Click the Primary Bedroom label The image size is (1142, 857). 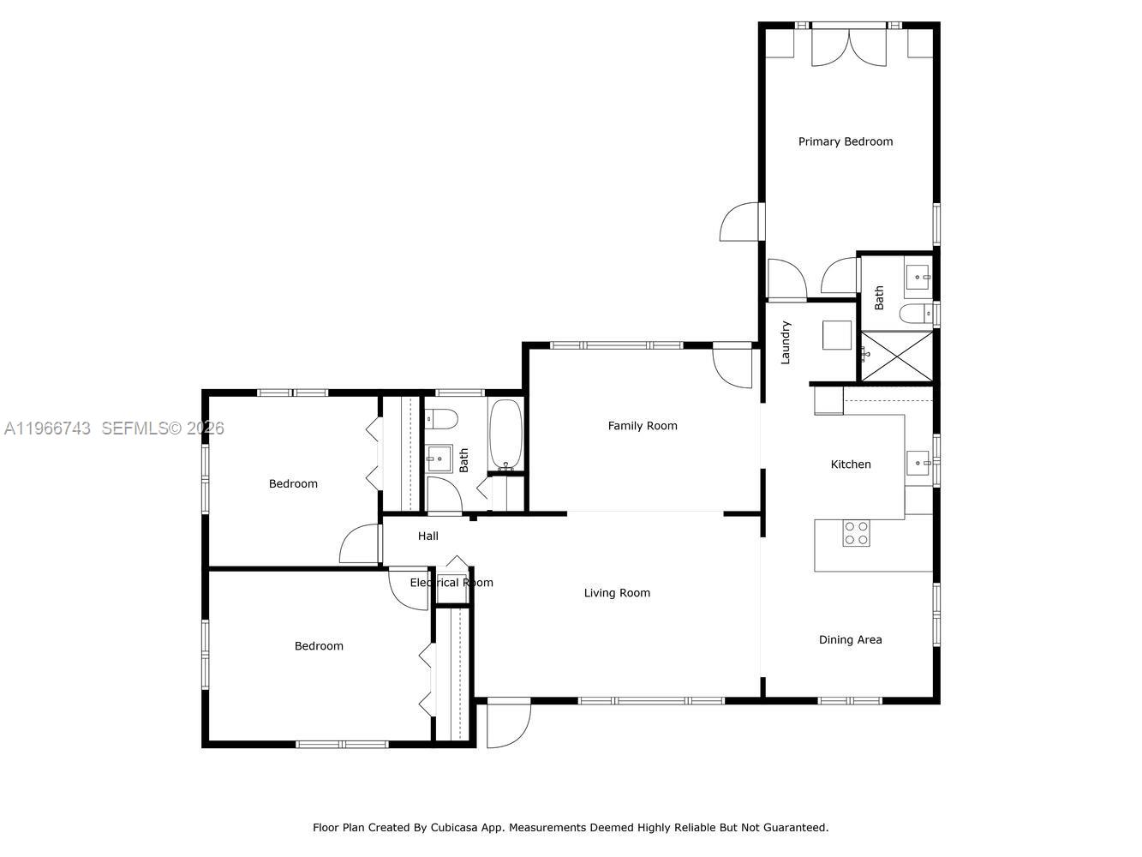click(845, 141)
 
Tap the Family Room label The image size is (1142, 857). click(642, 426)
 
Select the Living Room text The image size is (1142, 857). click(617, 593)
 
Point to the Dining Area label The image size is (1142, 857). click(850, 639)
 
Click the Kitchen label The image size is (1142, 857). click(851, 464)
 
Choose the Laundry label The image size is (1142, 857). click(786, 343)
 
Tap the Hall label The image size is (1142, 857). click(428, 536)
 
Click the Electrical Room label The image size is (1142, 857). click(451, 583)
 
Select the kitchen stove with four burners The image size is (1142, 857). click(856, 533)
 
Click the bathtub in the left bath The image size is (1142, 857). click(505, 435)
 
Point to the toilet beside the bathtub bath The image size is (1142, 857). click(442, 419)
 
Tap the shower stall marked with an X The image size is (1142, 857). click(896, 357)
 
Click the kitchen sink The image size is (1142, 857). click(920, 463)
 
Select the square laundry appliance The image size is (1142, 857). click(836, 335)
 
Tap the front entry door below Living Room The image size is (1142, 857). click(508, 724)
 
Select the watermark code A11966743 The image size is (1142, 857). click(47, 428)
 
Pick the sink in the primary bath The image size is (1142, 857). click(918, 278)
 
